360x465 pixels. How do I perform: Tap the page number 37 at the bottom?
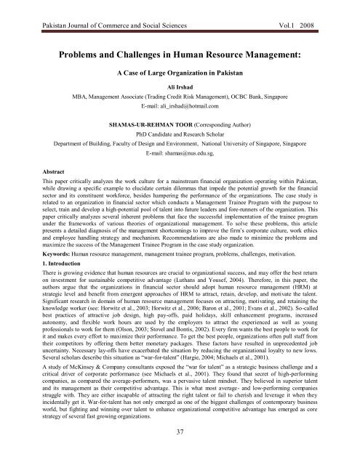[179, 455]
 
